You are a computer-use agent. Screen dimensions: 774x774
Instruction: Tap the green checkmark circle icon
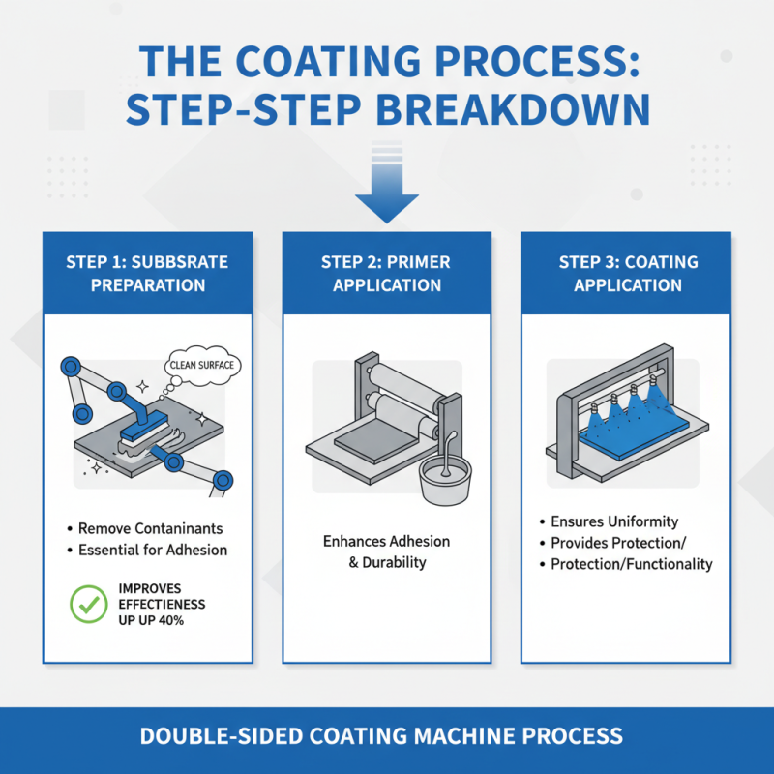click(x=90, y=605)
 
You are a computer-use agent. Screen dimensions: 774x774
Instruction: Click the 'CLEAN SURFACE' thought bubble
click(x=204, y=365)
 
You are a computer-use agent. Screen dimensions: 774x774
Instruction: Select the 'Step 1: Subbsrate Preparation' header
click(x=148, y=274)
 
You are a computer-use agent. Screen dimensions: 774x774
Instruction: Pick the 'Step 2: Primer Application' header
click(x=386, y=274)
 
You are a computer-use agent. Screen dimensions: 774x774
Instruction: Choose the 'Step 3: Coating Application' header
click(x=627, y=274)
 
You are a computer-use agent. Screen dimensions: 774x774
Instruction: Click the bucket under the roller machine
click(x=448, y=477)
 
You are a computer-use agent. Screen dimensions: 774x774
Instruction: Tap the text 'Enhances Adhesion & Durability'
click(x=386, y=551)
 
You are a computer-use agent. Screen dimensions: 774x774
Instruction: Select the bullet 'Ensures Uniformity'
click(x=614, y=521)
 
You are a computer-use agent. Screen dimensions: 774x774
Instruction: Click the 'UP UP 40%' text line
click(x=150, y=620)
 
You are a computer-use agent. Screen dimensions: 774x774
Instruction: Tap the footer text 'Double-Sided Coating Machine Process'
click(x=386, y=735)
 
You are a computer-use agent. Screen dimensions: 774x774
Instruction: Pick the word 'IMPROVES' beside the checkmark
click(x=150, y=587)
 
